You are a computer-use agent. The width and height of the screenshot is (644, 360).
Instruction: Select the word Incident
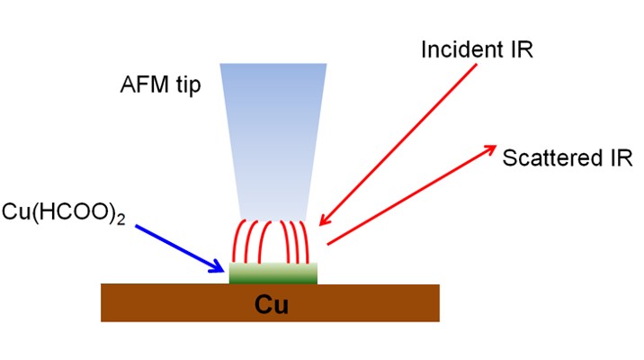pyautogui.click(x=460, y=49)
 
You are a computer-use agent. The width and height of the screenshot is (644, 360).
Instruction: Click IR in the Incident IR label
pyautogui.click(x=523, y=49)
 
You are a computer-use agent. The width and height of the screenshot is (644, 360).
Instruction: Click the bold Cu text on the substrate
pyautogui.click(x=271, y=304)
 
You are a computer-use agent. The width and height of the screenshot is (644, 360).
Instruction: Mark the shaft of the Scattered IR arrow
pyautogui.click(x=405, y=197)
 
